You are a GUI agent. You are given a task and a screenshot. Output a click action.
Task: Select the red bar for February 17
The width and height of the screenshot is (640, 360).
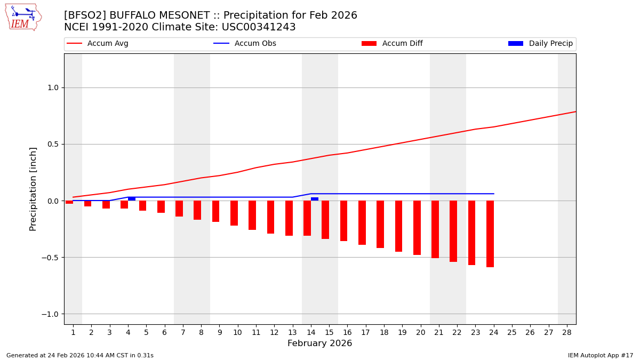[x=362, y=222]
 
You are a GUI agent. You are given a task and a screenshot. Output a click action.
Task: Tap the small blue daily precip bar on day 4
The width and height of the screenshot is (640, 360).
[x=132, y=199]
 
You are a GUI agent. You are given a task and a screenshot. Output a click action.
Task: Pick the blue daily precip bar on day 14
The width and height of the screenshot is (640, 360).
[x=315, y=199]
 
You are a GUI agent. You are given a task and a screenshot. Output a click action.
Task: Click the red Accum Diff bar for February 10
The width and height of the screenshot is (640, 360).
[x=234, y=213]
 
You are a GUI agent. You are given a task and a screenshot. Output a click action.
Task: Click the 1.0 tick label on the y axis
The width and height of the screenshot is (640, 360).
[x=52, y=87]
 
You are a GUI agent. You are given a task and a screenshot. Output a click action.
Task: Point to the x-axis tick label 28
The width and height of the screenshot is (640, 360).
[x=566, y=332]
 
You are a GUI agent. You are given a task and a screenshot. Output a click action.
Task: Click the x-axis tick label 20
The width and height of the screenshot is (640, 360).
[x=420, y=332]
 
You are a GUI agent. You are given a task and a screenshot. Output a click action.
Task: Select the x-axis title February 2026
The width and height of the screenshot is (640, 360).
[x=319, y=343]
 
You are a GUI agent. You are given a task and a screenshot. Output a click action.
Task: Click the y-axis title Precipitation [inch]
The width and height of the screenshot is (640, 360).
[x=33, y=189]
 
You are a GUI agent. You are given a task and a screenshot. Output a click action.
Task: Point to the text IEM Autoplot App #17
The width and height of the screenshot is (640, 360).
[x=601, y=355]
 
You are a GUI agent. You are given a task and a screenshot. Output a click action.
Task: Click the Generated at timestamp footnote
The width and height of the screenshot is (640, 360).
[x=80, y=355]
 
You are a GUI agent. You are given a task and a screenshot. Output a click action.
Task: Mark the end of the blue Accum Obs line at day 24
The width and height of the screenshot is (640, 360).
[x=493, y=194]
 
